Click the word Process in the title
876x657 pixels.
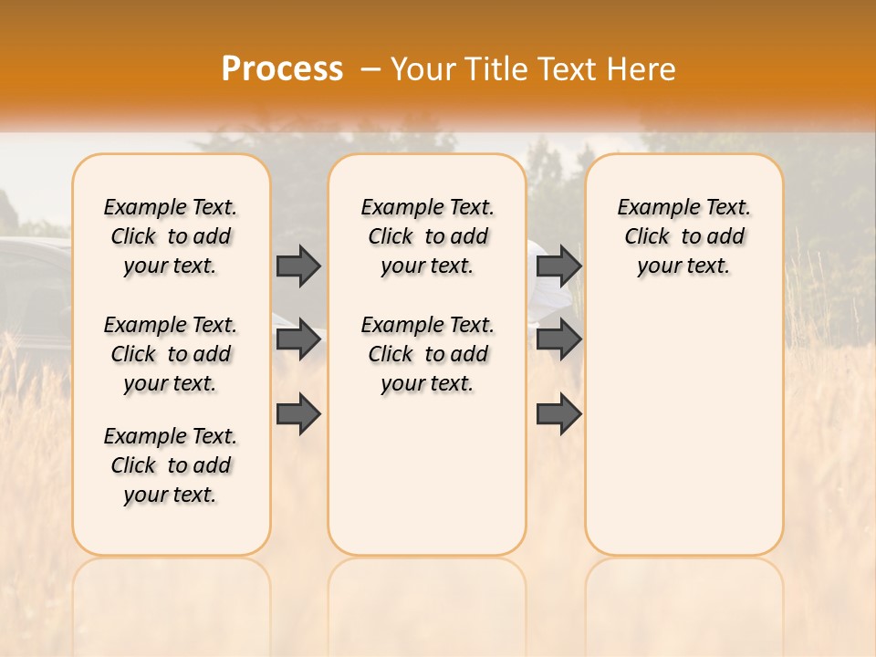[282, 68]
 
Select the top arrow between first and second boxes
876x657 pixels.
[298, 266]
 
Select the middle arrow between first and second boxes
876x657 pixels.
[298, 339]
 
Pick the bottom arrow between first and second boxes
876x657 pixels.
[298, 414]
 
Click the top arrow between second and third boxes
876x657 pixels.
[558, 266]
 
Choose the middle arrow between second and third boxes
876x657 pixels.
[558, 339]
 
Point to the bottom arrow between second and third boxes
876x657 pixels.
[558, 414]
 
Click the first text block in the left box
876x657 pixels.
[171, 236]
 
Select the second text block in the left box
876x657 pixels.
[171, 354]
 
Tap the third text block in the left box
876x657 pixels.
[171, 465]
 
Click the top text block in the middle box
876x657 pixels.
[427, 236]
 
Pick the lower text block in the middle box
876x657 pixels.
[427, 354]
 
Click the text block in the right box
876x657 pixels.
[683, 236]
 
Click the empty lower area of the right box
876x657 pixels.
[683, 438]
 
